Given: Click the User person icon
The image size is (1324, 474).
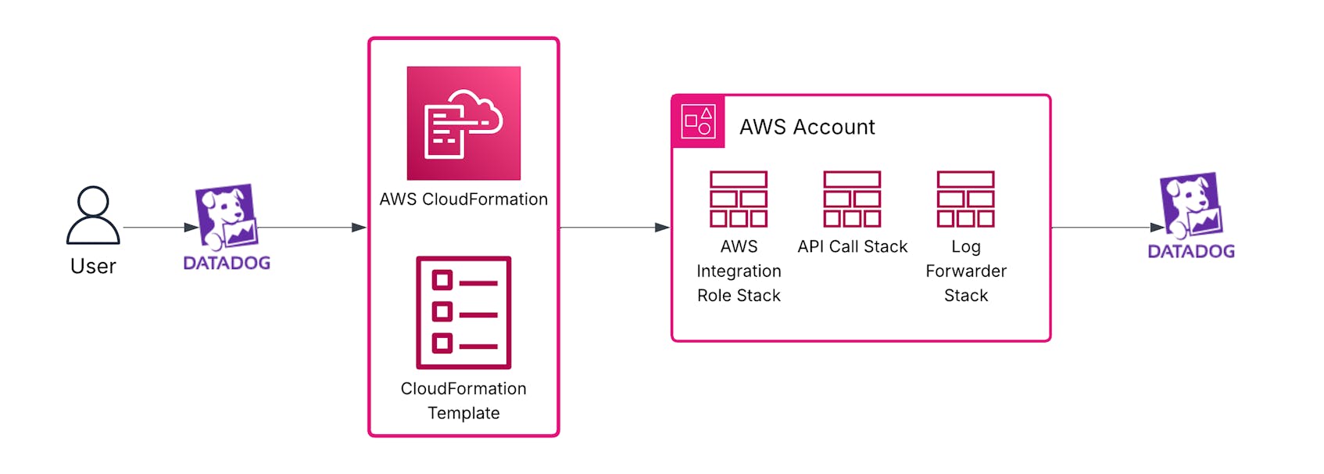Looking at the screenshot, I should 93,215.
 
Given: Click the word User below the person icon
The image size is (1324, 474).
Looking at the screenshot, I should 93,267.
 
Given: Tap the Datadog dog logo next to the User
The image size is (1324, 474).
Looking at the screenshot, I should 226,216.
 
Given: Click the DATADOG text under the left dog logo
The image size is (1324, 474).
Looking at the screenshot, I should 227,264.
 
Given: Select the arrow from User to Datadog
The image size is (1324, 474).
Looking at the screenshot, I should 160,228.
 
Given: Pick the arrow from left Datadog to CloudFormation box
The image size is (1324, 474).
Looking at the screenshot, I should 313,228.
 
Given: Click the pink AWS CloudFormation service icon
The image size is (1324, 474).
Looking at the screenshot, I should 463,124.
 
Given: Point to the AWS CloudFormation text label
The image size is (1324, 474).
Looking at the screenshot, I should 463,199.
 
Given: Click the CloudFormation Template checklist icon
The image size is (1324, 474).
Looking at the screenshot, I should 463,312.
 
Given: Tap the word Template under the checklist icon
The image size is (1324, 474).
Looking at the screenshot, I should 463,413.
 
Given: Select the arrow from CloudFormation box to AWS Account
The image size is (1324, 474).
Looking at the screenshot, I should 614,228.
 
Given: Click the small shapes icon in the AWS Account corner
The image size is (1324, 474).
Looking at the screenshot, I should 698,121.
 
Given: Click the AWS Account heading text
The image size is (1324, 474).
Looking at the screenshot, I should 807,127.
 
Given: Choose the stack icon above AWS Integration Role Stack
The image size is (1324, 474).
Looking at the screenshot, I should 739,199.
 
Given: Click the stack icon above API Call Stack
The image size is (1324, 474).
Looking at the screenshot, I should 852,199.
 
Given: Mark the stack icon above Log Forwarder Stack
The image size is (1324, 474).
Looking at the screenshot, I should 966,199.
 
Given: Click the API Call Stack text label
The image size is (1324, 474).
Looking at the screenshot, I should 852,247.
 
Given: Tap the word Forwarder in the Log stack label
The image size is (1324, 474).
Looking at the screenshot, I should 966,271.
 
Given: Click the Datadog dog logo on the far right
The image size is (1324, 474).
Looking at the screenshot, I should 1190,205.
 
